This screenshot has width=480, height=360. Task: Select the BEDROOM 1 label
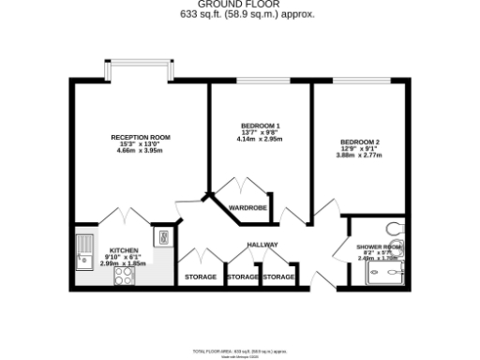tap(261, 127)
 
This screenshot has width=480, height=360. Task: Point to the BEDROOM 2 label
tap(360, 142)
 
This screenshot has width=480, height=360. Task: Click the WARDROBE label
tap(248, 206)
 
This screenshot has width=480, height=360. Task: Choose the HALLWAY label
tap(262, 245)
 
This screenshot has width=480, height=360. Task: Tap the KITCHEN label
tap(125, 250)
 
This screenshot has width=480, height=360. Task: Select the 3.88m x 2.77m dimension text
tap(360, 156)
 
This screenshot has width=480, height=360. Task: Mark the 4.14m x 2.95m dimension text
tap(261, 140)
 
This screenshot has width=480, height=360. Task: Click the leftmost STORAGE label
tap(200, 277)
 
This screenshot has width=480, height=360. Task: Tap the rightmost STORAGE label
tap(278, 277)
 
